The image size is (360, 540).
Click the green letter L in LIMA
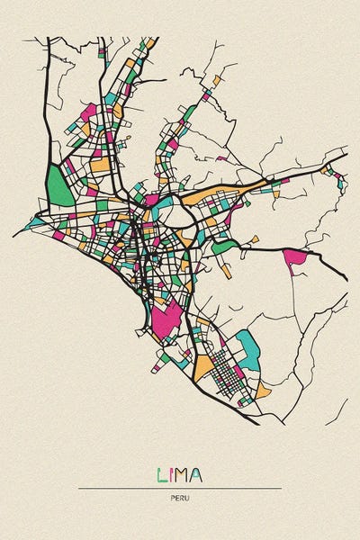coord(162,474)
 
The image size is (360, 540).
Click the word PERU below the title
coord(179,498)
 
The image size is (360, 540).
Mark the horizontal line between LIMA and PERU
coord(179,488)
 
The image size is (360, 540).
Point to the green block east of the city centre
coord(225,244)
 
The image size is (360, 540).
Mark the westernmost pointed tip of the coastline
coord(14,235)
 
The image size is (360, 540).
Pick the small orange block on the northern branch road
coord(216,81)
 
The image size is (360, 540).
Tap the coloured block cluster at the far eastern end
coord(340,180)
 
